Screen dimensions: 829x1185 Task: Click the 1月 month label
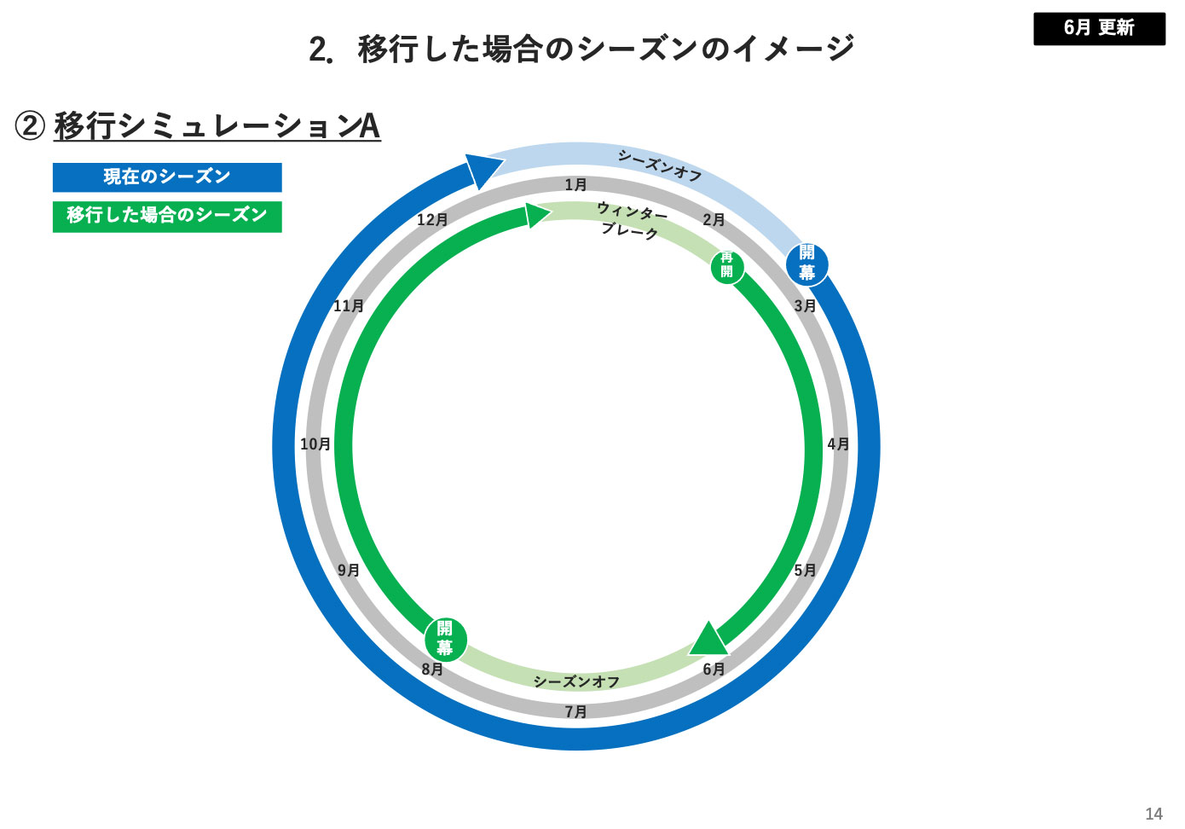pos(575,185)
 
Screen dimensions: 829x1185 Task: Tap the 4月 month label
pos(838,444)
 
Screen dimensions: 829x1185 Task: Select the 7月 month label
pos(575,711)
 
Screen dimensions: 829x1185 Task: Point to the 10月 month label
pos(315,444)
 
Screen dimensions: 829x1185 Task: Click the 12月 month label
pos(432,220)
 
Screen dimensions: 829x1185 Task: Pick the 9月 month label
pos(349,571)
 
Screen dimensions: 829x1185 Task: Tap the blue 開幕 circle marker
pos(806,263)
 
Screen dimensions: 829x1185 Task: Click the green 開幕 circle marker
pos(445,639)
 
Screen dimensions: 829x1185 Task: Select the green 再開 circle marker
pos(726,265)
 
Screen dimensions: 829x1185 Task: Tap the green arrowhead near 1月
pos(537,215)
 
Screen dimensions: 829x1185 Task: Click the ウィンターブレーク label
pos(631,221)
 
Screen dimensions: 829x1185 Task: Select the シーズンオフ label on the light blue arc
pos(660,165)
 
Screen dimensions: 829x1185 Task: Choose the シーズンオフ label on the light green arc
pos(576,681)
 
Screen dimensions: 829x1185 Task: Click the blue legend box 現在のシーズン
pos(167,177)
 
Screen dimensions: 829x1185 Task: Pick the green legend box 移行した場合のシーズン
pos(167,216)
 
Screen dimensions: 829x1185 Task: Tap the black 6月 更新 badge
pos(1099,28)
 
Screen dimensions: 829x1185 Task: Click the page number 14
pos(1153,814)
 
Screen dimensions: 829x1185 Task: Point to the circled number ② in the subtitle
pos(30,126)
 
